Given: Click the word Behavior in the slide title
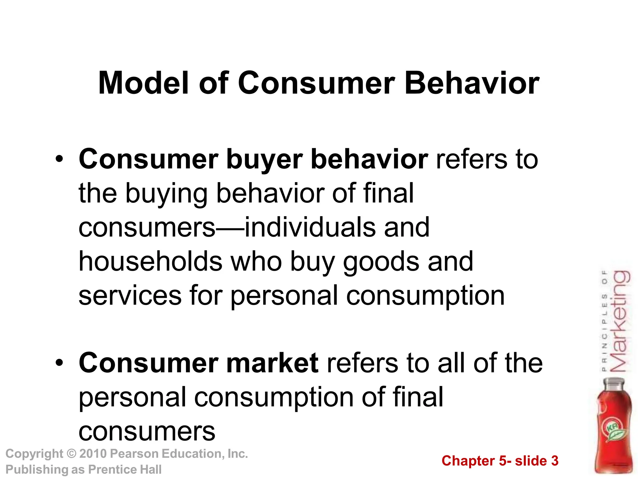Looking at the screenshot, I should [x=472, y=83].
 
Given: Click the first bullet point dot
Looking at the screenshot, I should [x=59, y=160].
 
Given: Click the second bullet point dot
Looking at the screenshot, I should [x=59, y=363].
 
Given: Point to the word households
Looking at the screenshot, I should [x=150, y=261].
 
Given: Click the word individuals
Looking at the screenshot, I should [x=310, y=227].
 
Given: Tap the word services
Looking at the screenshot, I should [x=130, y=295].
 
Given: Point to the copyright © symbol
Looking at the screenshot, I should [x=72, y=453].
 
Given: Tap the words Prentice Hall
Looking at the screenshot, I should [x=125, y=469].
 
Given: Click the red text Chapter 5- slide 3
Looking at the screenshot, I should [x=500, y=461].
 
